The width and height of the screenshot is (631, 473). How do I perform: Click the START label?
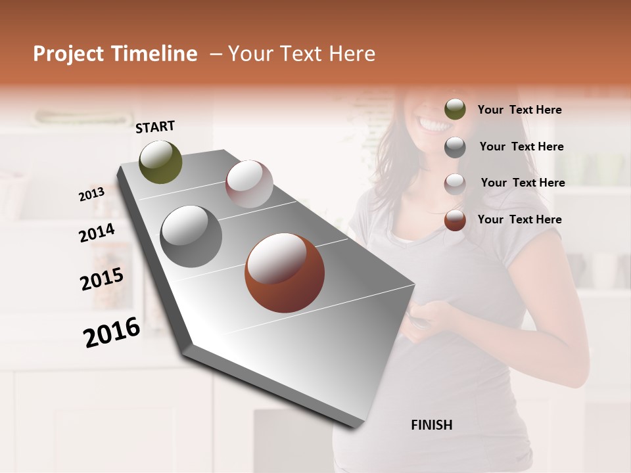(155, 127)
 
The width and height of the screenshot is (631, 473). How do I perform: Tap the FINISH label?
(431, 425)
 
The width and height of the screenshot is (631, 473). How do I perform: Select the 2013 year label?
(91, 194)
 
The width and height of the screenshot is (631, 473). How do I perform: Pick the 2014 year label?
(97, 233)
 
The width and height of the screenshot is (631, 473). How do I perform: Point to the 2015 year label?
(102, 279)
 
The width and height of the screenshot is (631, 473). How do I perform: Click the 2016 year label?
(112, 332)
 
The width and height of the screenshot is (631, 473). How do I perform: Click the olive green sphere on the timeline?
(160, 162)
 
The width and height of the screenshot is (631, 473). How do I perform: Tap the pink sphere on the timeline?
(249, 184)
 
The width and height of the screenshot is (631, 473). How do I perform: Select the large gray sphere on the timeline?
(191, 236)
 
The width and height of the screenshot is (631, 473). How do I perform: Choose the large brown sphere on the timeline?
(285, 273)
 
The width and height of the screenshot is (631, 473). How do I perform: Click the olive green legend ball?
(455, 109)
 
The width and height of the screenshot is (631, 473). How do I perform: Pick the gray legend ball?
(455, 146)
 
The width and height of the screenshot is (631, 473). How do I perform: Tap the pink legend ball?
(455, 183)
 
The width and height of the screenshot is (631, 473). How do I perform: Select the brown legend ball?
(455, 220)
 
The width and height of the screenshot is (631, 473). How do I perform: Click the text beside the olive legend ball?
(519, 110)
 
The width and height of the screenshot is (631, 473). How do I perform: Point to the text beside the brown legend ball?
(519, 219)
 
